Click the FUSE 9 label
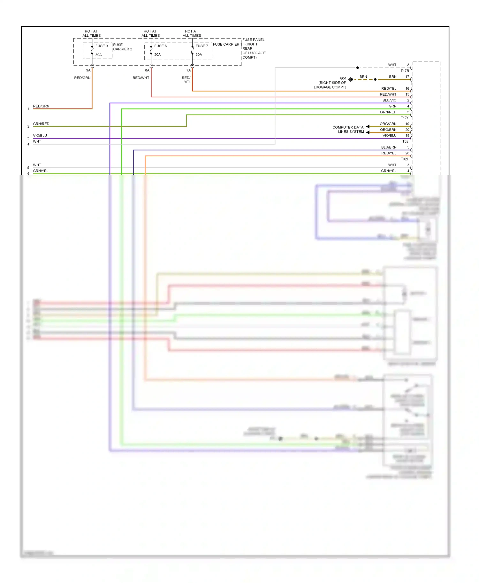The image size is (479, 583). coord(102,46)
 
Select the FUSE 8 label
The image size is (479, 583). coord(160,46)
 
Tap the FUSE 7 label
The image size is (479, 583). coord(201,46)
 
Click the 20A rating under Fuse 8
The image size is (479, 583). coord(157,55)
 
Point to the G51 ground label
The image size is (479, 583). coord(343,78)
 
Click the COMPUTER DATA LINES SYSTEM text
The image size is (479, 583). coord(348,129)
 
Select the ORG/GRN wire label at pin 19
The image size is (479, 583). coord(388,124)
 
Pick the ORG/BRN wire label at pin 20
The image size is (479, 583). coord(388,130)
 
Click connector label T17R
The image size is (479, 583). coord(405,71)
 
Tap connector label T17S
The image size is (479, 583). coord(405,118)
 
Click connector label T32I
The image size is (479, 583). coord(406,141)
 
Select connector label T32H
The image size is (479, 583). coord(405,159)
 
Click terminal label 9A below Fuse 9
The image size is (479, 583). coord(88,70)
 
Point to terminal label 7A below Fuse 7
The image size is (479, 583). coord(188,70)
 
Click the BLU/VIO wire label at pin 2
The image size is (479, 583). coord(389,100)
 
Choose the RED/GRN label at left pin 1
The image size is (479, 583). coord(41,106)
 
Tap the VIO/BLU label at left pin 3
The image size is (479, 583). coord(40,136)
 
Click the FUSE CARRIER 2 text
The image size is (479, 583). coord(122,47)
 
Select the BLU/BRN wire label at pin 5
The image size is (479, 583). coord(389,147)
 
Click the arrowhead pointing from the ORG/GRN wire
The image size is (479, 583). coord(368,127)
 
